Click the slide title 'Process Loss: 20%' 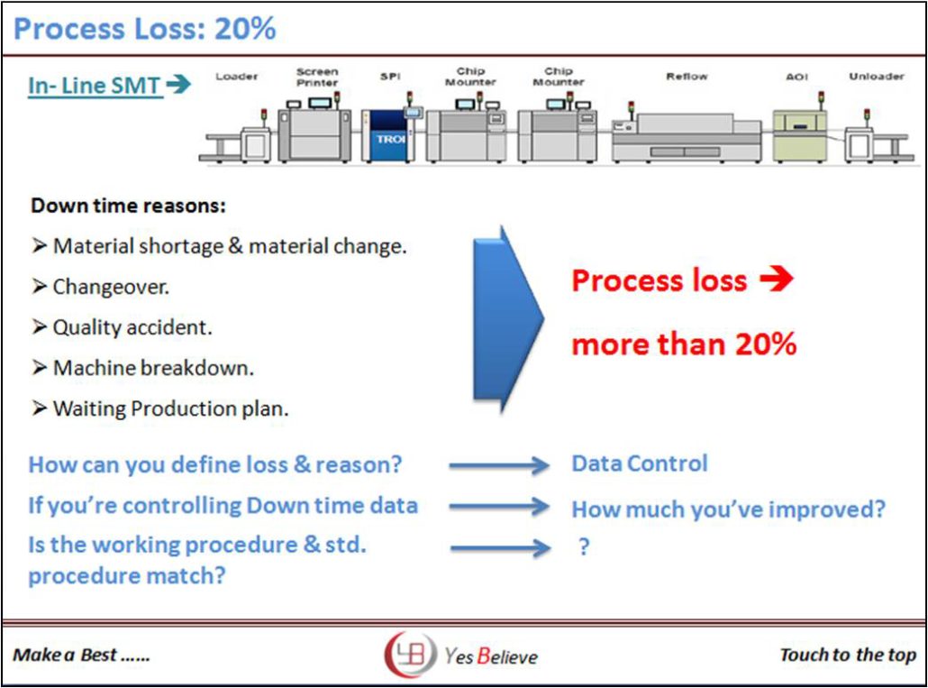tap(144, 29)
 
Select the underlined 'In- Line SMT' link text tap(96, 86)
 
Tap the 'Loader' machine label tap(236, 77)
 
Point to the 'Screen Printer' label tap(317, 77)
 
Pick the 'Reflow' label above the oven tap(687, 77)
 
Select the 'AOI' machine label tap(796, 77)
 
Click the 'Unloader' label tap(876, 77)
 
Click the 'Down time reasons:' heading tap(128, 206)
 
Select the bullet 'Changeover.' tap(111, 287)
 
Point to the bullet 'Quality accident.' tap(132, 327)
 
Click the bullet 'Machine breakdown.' tap(153, 368)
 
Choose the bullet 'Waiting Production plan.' tap(170, 408)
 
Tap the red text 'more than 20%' tap(684, 344)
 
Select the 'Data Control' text tap(640, 463)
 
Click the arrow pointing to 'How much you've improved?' tap(499, 507)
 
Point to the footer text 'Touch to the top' tap(847, 655)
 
